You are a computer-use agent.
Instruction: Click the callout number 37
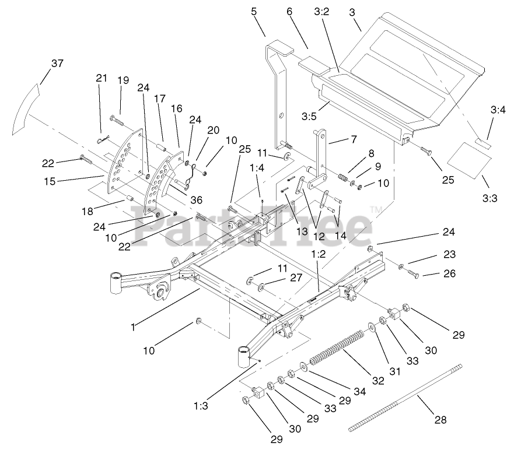click(x=57, y=64)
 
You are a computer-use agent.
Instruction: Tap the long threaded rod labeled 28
click(x=405, y=398)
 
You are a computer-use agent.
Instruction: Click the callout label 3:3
click(x=489, y=198)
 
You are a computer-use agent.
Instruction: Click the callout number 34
click(x=358, y=392)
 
